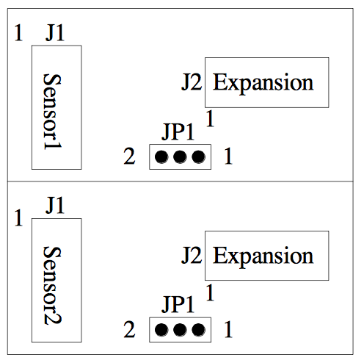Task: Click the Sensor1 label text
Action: pyautogui.click(x=52, y=112)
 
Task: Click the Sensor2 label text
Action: pyautogui.click(x=52, y=285)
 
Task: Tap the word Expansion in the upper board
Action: pyautogui.click(x=263, y=83)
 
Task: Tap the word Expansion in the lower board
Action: pyautogui.click(x=263, y=256)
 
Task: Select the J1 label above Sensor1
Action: pyautogui.click(x=55, y=32)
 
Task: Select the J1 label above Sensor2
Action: pyautogui.click(x=55, y=205)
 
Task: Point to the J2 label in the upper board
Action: pyautogui.click(x=192, y=82)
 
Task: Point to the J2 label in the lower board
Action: pyautogui.click(x=192, y=255)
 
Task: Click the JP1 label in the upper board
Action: pyautogui.click(x=178, y=132)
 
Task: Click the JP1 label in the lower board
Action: pyautogui.click(x=178, y=304)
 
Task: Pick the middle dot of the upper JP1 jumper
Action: pyautogui.click(x=180, y=156)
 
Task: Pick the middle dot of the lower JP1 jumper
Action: pyautogui.click(x=180, y=330)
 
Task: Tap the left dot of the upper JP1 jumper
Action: pyautogui.click(x=161, y=156)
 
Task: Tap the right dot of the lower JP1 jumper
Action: pyautogui.click(x=198, y=330)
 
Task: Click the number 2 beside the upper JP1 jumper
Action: pyautogui.click(x=129, y=156)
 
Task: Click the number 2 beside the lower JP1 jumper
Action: pyautogui.click(x=129, y=329)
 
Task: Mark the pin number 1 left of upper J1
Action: pyautogui.click(x=18, y=32)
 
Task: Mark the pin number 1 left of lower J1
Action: pyautogui.click(x=18, y=217)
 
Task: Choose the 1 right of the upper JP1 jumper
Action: pyautogui.click(x=228, y=156)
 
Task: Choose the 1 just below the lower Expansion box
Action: pyautogui.click(x=210, y=292)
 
